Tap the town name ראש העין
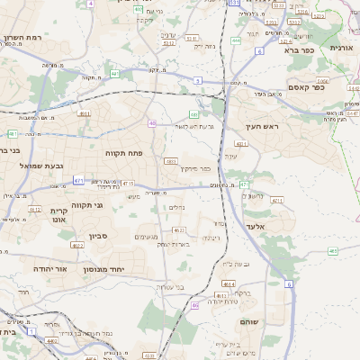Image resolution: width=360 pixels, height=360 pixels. tap(265, 127)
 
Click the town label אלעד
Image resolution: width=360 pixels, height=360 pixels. tap(256, 227)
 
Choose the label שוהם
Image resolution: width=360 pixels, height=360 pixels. tap(251, 321)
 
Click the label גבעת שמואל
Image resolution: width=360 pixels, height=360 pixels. tap(42, 166)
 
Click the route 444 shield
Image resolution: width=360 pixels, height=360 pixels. tap(235, 40)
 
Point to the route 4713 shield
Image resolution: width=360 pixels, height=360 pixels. tap(128, 184)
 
